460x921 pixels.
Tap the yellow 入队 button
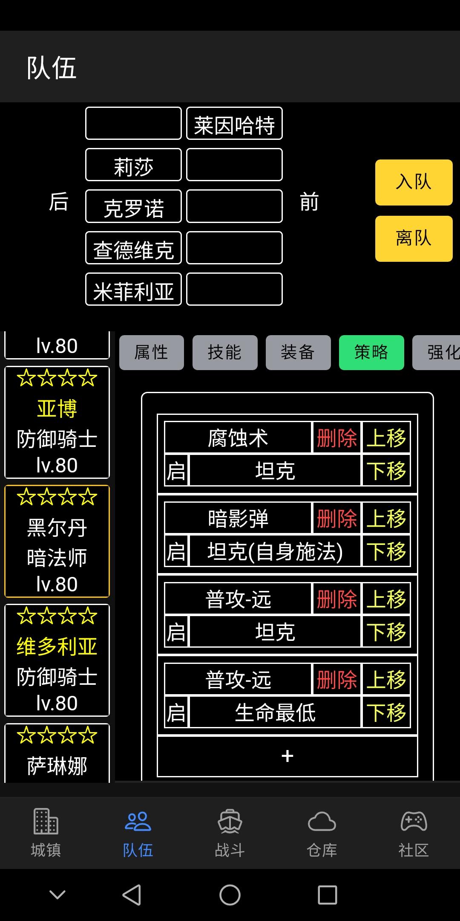414,182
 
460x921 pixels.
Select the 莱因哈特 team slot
234,123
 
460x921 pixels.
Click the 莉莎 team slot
133,165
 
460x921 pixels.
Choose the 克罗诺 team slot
133,206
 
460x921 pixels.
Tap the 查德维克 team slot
133,248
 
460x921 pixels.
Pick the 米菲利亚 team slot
133,289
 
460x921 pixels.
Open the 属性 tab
151,352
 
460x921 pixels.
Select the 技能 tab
225,352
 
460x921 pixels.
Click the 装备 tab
298,352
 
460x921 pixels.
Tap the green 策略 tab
371,352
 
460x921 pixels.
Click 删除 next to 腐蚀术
337,437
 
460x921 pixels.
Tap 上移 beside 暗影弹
386,518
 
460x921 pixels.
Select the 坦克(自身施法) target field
275,551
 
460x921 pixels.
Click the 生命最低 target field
275,712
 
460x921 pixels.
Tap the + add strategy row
287,756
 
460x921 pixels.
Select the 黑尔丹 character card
57,541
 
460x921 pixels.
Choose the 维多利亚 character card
57,660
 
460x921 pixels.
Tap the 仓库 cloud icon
322,821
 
